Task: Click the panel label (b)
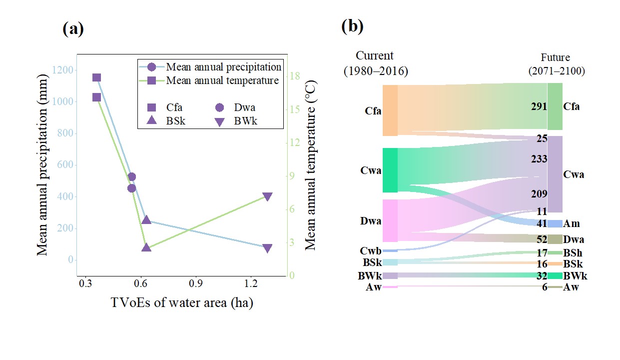tap(352, 26)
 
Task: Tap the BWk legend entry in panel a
tap(236, 120)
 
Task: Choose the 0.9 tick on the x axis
tap(196, 283)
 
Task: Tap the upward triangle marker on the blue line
tap(146, 220)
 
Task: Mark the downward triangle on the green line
tap(267, 196)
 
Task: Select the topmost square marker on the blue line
tap(97, 77)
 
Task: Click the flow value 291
tap(539, 106)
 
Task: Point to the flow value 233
tap(539, 159)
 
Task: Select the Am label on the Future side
tap(571, 223)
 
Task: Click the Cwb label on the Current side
tap(370, 250)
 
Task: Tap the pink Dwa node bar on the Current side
tap(390, 220)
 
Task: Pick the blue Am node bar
tap(555, 223)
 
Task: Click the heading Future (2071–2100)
tap(556, 64)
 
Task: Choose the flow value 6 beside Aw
tap(545, 287)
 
